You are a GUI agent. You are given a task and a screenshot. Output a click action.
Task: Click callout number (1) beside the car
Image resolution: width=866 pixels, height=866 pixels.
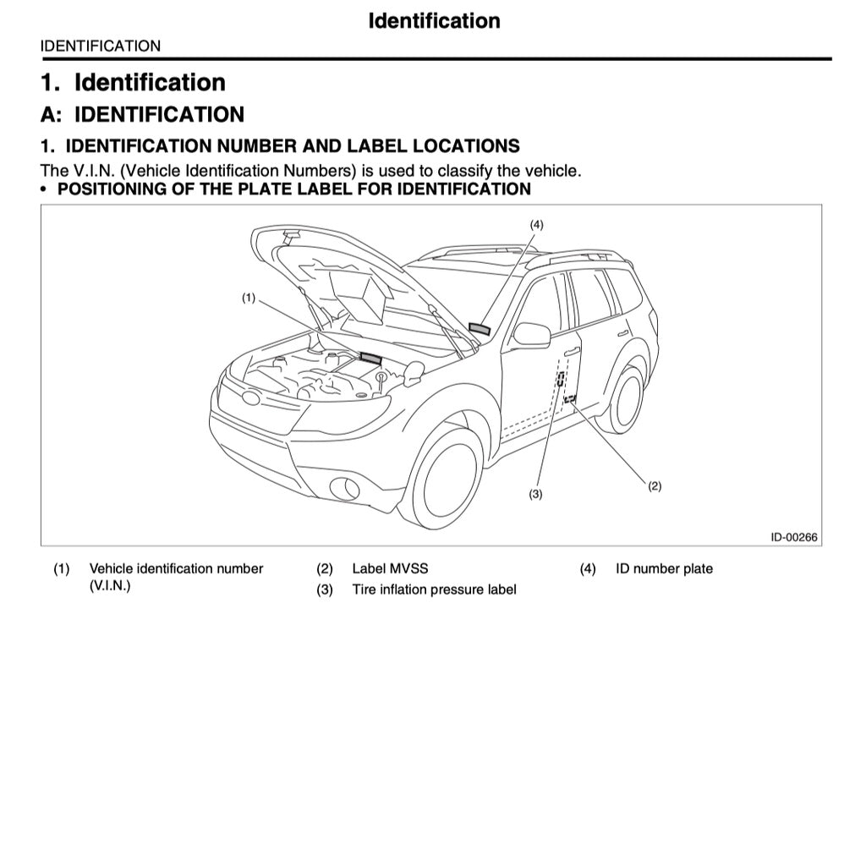pos(248,298)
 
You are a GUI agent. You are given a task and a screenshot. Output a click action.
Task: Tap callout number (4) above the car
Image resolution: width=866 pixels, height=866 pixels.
pos(536,224)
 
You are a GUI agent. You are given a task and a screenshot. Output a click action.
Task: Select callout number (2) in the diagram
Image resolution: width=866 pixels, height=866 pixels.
pos(654,485)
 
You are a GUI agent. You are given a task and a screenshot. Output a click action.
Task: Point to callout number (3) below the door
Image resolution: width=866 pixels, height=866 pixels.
pos(535,495)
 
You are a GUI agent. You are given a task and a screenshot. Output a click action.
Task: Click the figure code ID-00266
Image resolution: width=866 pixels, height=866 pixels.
pos(793,537)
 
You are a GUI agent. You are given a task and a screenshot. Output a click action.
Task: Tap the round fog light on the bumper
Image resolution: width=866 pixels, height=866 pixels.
pos(344,486)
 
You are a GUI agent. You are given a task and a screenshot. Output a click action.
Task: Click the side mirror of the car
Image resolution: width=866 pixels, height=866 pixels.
pos(531,334)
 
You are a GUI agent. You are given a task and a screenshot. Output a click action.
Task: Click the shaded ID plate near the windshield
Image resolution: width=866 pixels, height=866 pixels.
pos(480,328)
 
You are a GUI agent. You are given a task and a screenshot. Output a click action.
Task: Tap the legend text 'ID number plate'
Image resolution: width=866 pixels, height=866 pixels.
pos(664,568)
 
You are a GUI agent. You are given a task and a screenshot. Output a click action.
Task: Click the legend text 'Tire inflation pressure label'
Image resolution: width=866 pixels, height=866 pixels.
pos(434,589)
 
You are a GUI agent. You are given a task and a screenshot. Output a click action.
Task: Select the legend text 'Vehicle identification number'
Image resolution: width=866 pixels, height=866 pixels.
pos(176,568)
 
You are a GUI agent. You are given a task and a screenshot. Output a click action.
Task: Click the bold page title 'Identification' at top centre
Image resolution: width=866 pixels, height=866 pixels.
pos(434,20)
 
